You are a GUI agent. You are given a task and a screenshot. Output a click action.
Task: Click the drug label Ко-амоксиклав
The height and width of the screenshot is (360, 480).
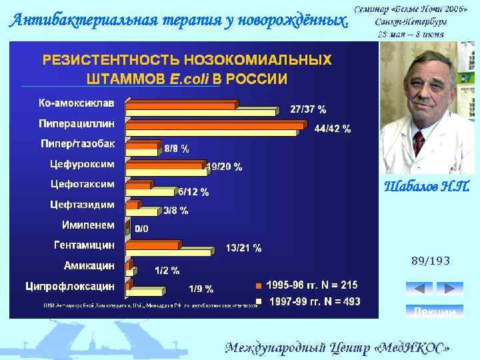(76, 103)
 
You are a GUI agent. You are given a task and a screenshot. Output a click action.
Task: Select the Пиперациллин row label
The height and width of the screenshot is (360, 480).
(76, 123)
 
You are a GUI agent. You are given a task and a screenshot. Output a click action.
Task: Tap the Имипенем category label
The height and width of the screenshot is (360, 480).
(88, 225)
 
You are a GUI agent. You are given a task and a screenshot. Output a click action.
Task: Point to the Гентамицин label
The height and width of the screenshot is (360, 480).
(84, 245)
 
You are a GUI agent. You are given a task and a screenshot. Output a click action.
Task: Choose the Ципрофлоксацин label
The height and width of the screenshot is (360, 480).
(70, 286)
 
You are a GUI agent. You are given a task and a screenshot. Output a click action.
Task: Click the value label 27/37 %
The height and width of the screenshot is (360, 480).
(308, 109)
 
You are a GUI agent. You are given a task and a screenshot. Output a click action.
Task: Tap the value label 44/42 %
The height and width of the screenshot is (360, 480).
(333, 129)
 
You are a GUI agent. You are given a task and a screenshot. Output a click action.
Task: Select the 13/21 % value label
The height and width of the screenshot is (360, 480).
(243, 249)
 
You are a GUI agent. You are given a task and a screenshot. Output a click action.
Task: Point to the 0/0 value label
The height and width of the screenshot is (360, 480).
(141, 229)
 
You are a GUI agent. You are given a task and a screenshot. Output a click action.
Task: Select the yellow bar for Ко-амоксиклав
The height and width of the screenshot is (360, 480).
(200, 111)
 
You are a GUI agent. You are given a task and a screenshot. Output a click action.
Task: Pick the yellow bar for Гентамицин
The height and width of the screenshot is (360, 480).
(169, 252)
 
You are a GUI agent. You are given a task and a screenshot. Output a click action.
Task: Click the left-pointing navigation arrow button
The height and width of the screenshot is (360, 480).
(419, 289)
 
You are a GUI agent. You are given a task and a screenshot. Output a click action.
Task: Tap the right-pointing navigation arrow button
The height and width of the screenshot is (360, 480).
(449, 289)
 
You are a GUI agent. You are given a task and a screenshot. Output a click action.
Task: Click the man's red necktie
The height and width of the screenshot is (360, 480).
(418, 143)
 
